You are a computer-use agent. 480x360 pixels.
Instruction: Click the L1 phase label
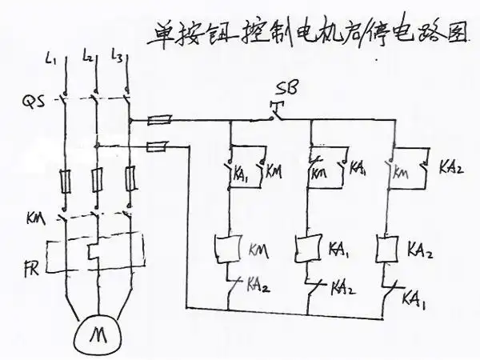click(x=50, y=58)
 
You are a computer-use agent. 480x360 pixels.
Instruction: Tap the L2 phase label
click(x=89, y=56)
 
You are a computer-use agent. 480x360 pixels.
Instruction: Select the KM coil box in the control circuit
click(x=230, y=248)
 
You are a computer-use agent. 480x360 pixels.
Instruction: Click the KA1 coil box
click(x=308, y=246)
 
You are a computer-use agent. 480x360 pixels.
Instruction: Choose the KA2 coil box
click(x=389, y=246)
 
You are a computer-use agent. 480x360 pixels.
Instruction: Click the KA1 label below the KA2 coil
click(x=414, y=298)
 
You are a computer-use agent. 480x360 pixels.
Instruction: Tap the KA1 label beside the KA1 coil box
click(x=338, y=249)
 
